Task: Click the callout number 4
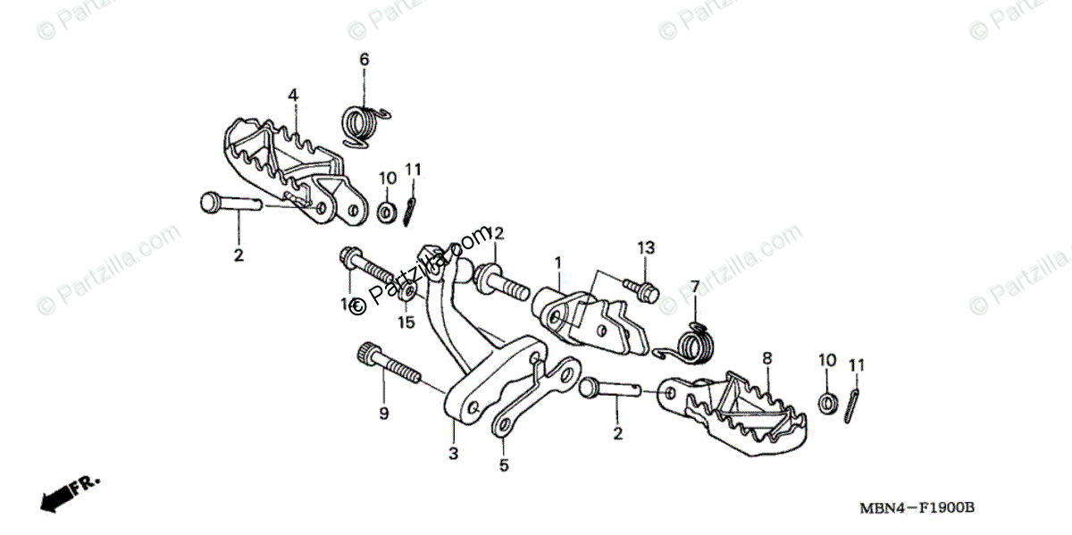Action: coord(292,94)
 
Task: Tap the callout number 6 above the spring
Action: coord(364,60)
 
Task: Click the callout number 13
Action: coord(646,247)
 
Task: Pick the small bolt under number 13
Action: coord(644,288)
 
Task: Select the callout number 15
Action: coord(406,322)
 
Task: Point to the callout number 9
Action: coord(383,413)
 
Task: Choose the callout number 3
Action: coord(453,453)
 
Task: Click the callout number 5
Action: coord(503,464)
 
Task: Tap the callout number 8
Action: coord(766,359)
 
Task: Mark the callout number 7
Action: coord(694,287)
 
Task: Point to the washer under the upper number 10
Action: coord(388,213)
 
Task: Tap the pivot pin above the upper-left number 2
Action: coord(228,203)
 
